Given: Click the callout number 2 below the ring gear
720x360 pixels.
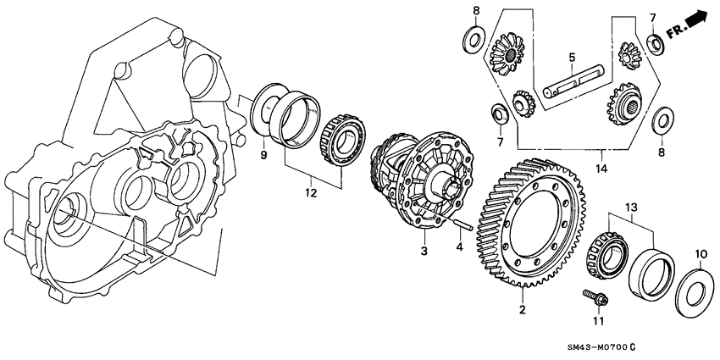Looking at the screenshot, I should (522, 310).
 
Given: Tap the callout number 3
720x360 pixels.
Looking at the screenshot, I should (424, 252).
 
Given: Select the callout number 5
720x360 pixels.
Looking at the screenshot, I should (572, 58).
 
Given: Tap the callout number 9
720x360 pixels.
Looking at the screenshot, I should (263, 155).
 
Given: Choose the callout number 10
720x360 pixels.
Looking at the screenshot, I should (700, 253).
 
